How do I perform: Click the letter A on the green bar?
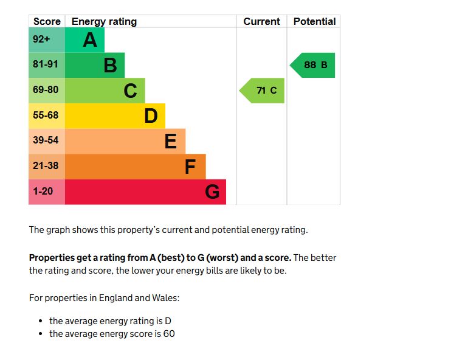pyautogui.click(x=90, y=40)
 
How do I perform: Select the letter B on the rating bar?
pyautogui.click(x=110, y=65)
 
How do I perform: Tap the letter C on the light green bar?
pyautogui.click(x=130, y=91)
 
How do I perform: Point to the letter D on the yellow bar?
pyautogui.click(x=151, y=116)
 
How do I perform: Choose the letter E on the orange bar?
pyautogui.click(x=171, y=141)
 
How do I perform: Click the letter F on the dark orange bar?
pyautogui.click(x=191, y=167)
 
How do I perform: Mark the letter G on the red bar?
pyautogui.click(x=212, y=192)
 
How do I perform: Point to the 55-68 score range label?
pyautogui.click(x=46, y=116)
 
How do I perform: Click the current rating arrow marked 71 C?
pyautogui.click(x=263, y=91)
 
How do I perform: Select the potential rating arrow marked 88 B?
pyautogui.click(x=313, y=65)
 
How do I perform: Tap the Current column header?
pyautogui.click(x=261, y=21)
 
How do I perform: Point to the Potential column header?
pyautogui.click(x=314, y=21)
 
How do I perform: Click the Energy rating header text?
pyautogui.click(x=104, y=21)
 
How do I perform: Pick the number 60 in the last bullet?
pyautogui.click(x=168, y=334)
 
